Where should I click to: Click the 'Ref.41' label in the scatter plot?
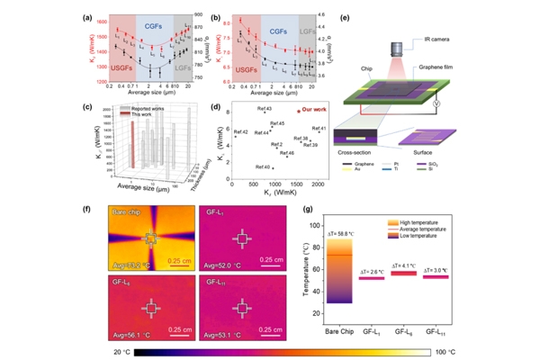tap(319, 129)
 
